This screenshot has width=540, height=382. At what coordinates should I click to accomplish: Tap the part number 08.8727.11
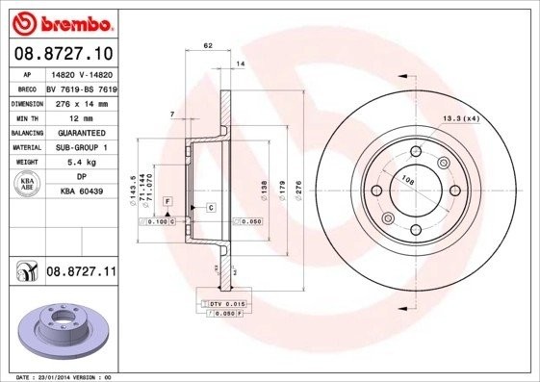[81, 273]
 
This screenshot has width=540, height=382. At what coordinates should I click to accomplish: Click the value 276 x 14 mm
[80, 102]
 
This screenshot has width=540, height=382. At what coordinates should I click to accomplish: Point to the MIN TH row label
[24, 115]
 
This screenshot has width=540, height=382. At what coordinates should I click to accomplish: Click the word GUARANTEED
[80, 132]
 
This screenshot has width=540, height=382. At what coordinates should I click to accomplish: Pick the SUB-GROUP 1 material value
[80, 146]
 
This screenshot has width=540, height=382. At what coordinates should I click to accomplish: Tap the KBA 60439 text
[80, 191]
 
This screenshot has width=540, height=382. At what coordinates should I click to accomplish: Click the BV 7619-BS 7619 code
[80, 87]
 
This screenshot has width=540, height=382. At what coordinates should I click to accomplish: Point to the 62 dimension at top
[208, 45]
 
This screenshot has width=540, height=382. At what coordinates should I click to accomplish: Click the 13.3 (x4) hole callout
[460, 118]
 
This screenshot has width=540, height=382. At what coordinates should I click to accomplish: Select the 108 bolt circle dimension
[407, 179]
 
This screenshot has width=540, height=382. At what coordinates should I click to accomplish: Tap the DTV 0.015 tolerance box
[227, 304]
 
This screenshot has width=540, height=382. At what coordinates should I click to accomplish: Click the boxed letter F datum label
[167, 199]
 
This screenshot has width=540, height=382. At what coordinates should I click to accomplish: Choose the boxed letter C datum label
[210, 207]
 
